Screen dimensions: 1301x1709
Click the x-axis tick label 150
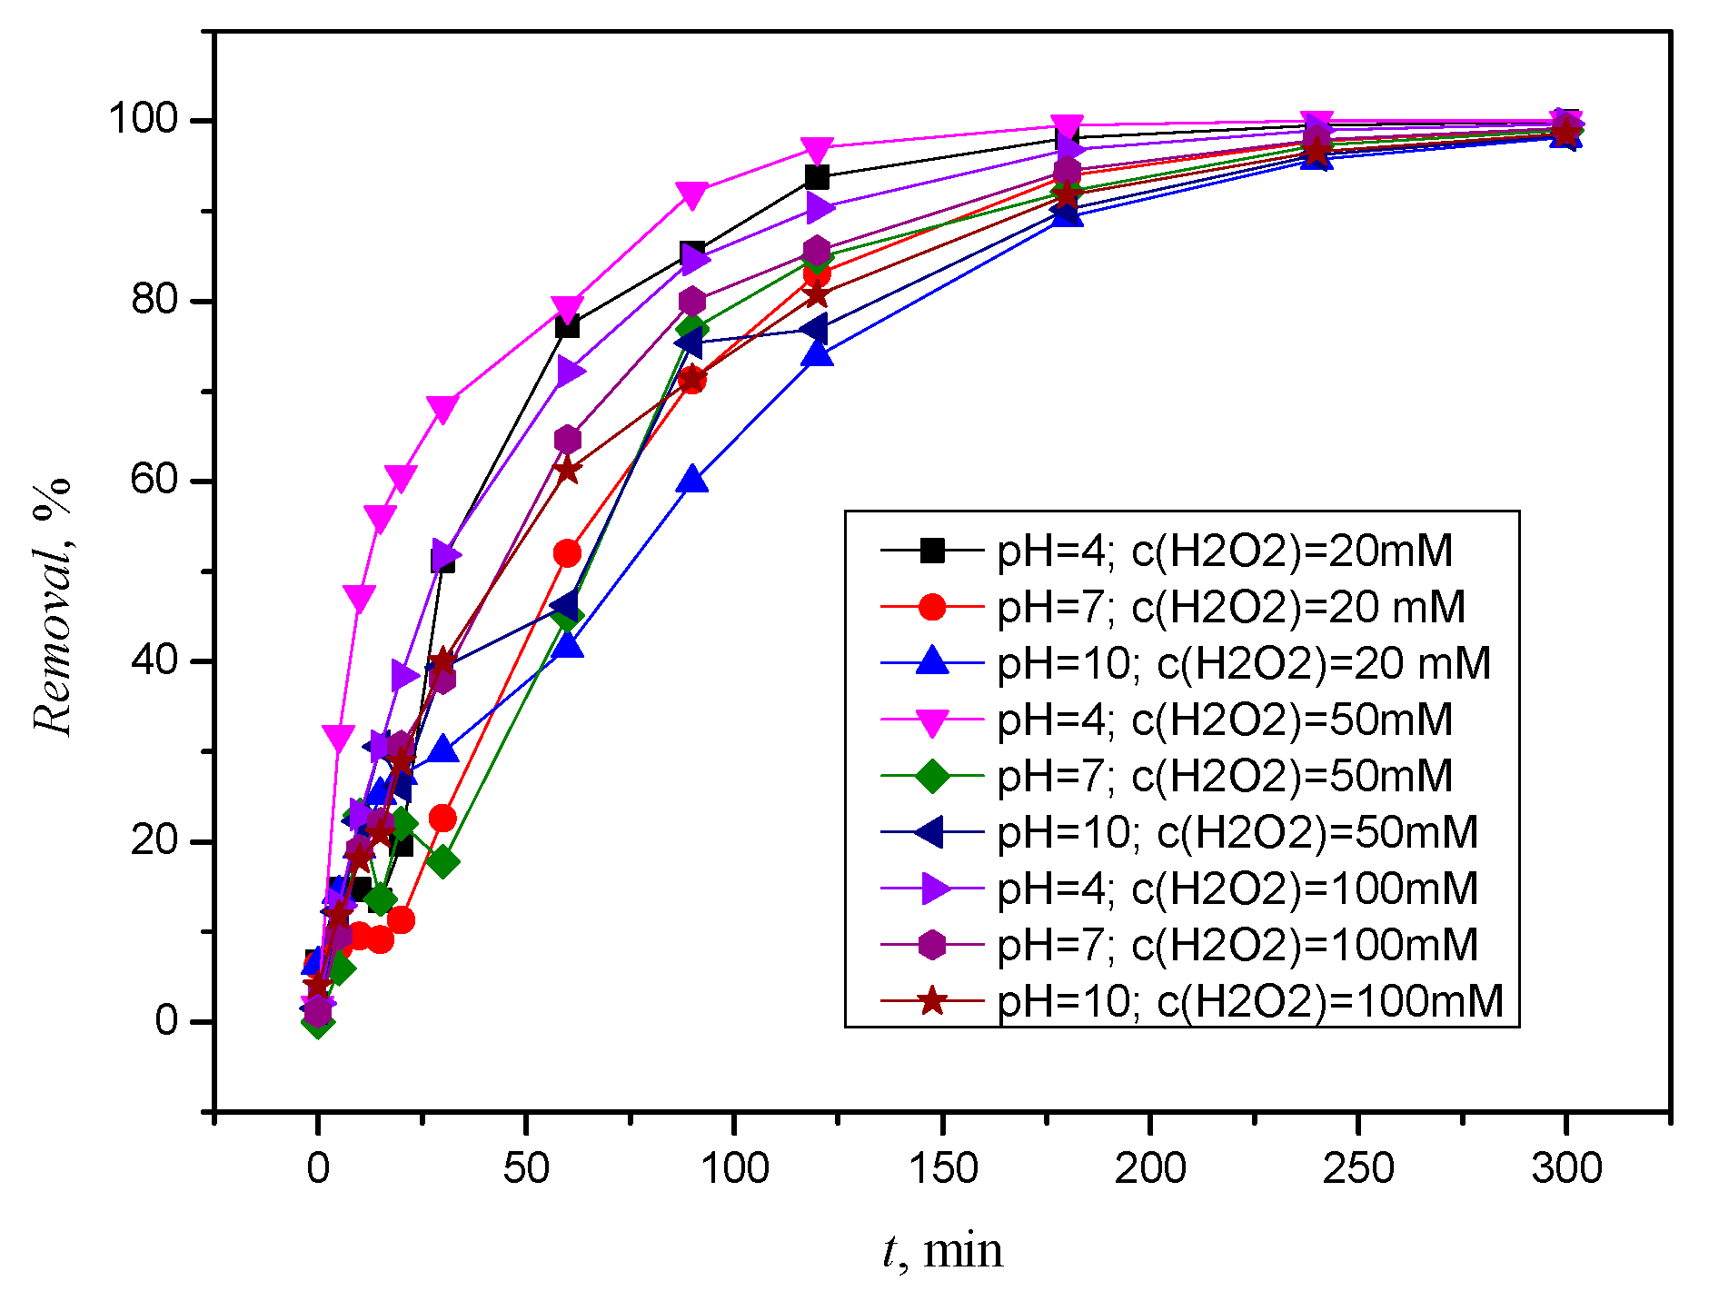[x=942, y=1168]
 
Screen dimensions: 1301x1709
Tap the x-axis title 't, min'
[x=942, y=1251]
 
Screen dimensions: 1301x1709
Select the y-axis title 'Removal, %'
[x=52, y=606]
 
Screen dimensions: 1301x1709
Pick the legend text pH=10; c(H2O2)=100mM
[x=1250, y=1001]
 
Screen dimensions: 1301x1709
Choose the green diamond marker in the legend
[x=932, y=776]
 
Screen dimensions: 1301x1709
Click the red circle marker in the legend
[x=932, y=607]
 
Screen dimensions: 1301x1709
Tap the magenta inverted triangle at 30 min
[x=442, y=410]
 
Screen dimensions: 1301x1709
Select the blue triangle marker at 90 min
[x=692, y=480]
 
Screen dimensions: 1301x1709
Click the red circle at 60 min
[x=567, y=553]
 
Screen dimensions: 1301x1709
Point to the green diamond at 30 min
[x=442, y=861]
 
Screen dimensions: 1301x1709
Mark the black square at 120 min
[x=817, y=177]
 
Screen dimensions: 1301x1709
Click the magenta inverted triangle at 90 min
[x=692, y=195]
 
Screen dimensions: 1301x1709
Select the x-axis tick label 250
[x=1357, y=1168]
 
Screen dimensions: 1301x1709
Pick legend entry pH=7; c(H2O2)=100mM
[x=1237, y=945]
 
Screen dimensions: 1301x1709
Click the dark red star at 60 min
[x=567, y=471]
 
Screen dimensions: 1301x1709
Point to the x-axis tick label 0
[x=318, y=1168]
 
